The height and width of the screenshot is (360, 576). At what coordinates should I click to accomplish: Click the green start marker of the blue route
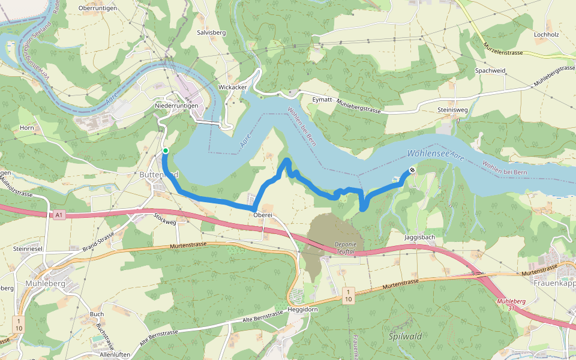point(165,151)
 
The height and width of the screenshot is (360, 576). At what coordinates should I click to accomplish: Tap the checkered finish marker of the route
point(412,170)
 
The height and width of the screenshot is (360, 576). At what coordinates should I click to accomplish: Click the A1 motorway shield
point(58,215)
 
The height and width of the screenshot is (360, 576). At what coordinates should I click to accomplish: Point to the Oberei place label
point(263,215)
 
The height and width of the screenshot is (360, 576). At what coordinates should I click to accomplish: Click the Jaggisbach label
point(419,238)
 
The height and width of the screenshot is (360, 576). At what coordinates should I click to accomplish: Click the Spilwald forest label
point(405,336)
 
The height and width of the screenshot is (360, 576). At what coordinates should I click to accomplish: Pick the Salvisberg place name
point(211,33)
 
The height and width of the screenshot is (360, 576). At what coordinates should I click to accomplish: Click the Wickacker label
point(233,87)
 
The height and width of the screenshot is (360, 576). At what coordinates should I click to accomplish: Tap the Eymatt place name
point(322,100)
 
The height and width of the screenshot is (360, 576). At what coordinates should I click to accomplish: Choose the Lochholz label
point(546,34)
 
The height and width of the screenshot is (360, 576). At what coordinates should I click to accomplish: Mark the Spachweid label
point(490,71)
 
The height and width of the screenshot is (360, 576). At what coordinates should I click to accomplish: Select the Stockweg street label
point(165,220)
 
